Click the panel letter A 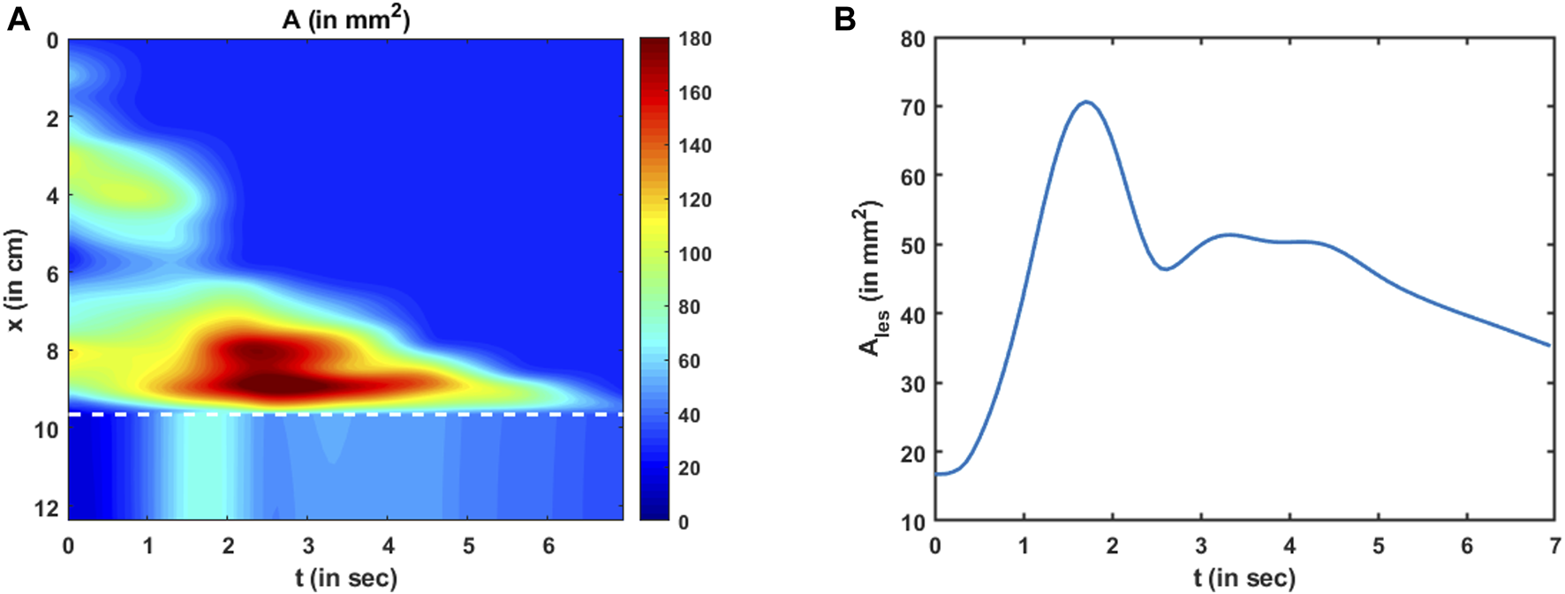pyautogui.click(x=18, y=19)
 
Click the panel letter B pyautogui.click(x=845, y=19)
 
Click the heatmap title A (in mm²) pyautogui.click(x=345, y=19)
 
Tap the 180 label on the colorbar pyautogui.click(x=695, y=39)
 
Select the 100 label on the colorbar pyautogui.click(x=695, y=254)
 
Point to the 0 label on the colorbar pyautogui.click(x=684, y=523)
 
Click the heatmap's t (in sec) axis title pyautogui.click(x=345, y=578)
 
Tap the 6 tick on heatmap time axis pyautogui.click(x=548, y=546)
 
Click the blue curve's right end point pyautogui.click(x=1549, y=345)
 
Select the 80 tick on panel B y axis pyautogui.click(x=912, y=39)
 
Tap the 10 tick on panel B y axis pyautogui.click(x=912, y=523)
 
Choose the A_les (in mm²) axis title pyautogui.click(x=871, y=281)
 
